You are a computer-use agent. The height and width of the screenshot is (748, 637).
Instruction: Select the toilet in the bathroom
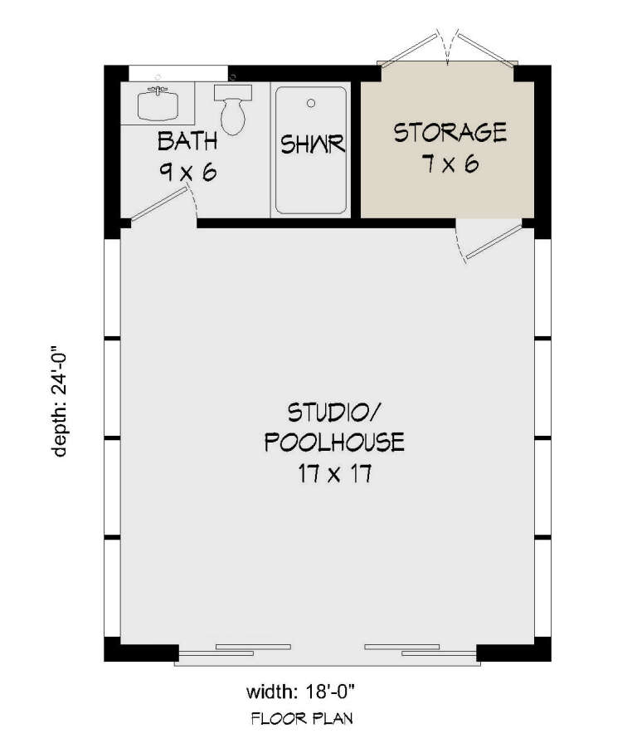coord(232,111)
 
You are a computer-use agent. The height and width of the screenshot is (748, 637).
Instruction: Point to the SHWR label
coord(313,145)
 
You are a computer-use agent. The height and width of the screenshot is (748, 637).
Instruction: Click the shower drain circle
coord(311,104)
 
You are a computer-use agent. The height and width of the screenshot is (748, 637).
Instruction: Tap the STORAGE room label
coord(449,132)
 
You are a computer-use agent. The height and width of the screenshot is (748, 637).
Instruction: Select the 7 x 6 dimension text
coord(449,164)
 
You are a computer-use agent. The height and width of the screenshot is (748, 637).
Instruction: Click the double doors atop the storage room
coord(448,50)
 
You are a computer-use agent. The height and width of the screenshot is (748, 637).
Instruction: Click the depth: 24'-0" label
coord(60,400)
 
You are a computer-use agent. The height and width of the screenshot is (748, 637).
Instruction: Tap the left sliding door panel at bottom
coord(234,650)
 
